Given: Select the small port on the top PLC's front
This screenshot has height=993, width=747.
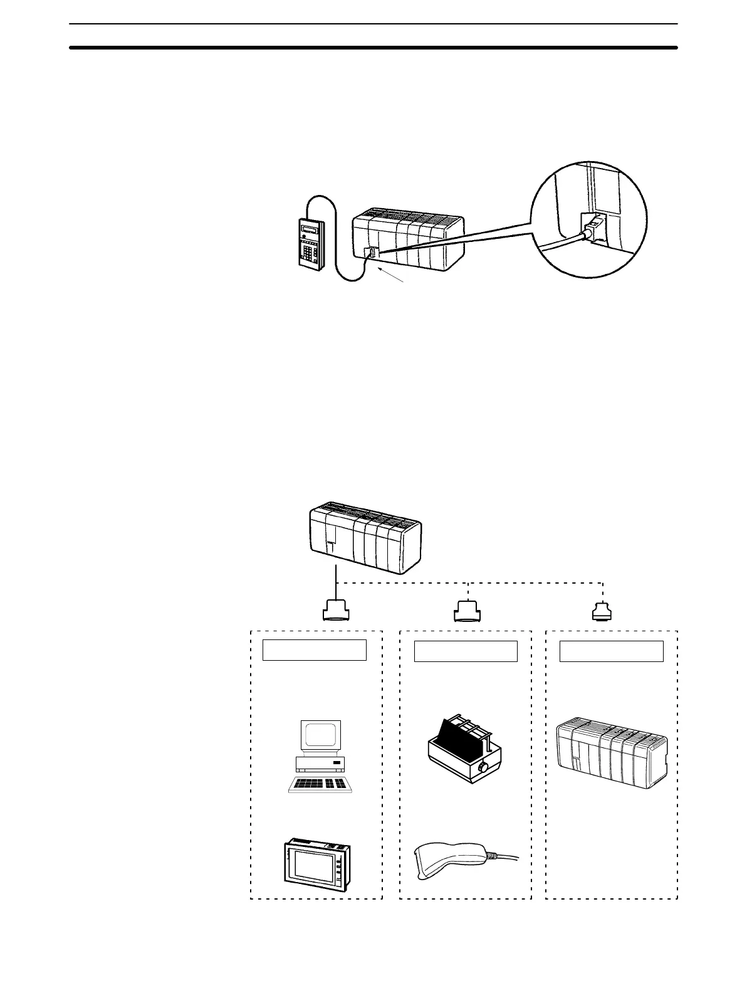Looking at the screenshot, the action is (x=370, y=253).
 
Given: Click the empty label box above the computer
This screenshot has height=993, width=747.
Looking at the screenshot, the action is (x=314, y=650).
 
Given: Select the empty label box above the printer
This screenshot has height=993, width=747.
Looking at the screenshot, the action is (x=466, y=651).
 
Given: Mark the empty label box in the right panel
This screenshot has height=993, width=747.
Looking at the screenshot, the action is (x=611, y=651).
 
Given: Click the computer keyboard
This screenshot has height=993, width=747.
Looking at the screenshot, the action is (x=321, y=784).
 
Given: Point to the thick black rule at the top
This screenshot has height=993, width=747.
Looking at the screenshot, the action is (x=373, y=47).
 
